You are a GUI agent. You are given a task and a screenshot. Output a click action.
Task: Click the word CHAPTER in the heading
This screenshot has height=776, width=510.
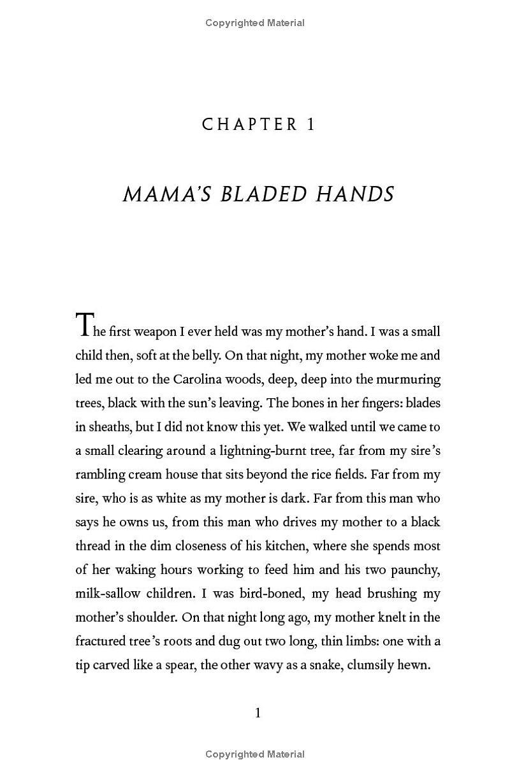click(x=250, y=125)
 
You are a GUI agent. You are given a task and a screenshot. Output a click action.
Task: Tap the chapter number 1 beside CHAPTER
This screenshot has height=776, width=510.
click(x=311, y=125)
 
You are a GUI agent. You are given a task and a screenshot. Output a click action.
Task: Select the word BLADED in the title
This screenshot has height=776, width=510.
click(x=271, y=194)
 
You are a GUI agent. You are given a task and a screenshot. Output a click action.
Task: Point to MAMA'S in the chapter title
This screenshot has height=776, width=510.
click(x=168, y=194)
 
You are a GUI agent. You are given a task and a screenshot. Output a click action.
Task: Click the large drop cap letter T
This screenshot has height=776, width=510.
click(x=84, y=325)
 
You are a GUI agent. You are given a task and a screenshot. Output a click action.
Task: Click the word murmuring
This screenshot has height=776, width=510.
click(x=408, y=379)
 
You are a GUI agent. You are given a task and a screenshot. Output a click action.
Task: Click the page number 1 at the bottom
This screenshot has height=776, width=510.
click(x=258, y=713)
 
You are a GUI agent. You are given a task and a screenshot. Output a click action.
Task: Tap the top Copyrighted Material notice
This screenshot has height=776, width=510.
click(x=255, y=23)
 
